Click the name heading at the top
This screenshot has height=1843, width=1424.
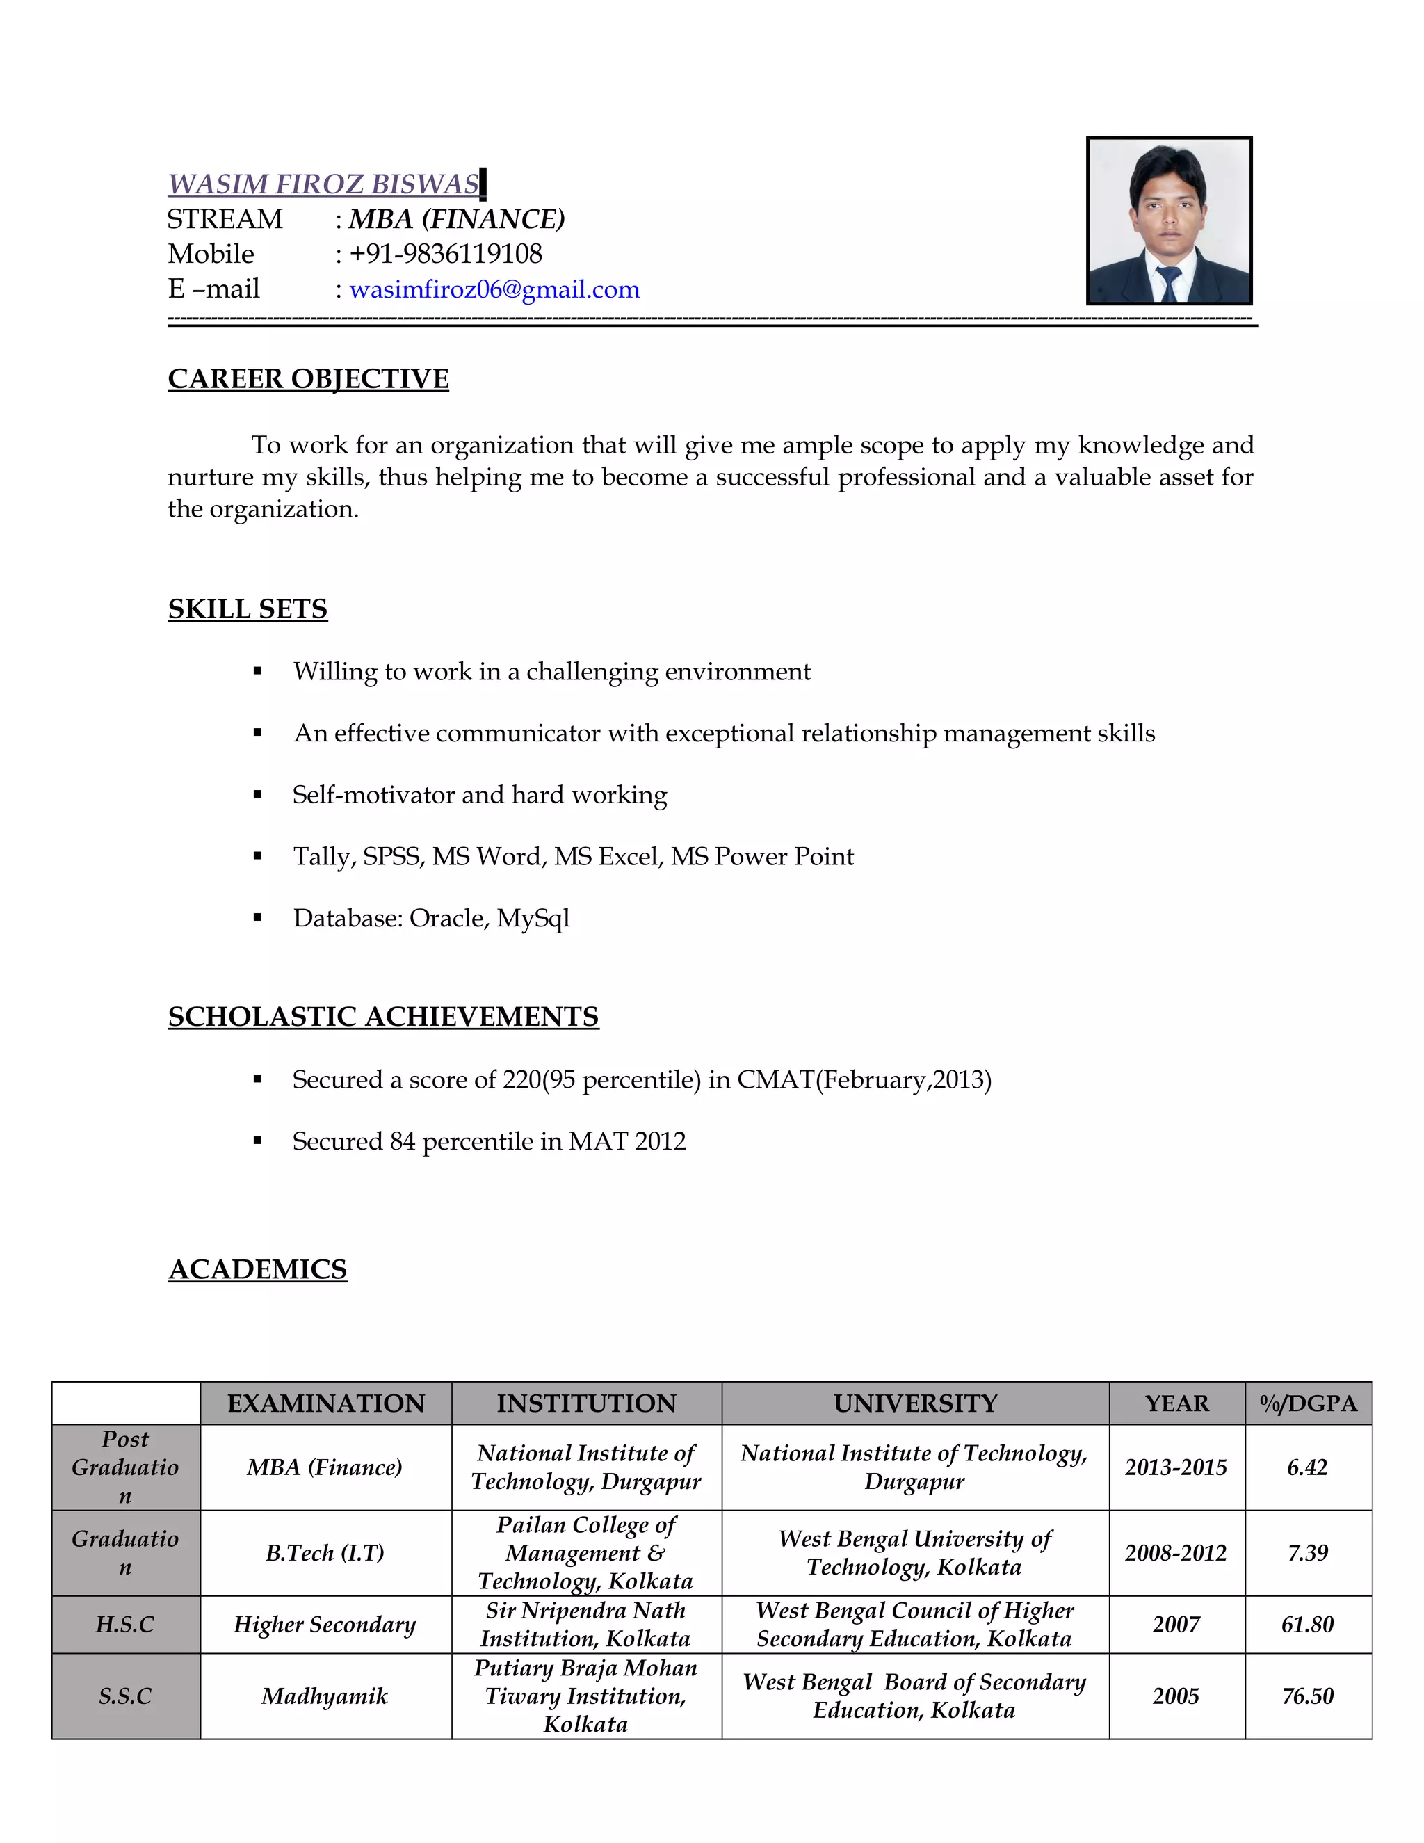tap(323, 184)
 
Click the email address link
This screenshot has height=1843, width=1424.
tap(494, 289)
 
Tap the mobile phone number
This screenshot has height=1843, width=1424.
tap(446, 254)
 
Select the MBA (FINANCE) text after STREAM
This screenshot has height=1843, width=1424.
tap(456, 219)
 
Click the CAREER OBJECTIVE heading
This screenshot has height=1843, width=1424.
tap(308, 379)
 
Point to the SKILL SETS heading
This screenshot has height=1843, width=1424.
tap(247, 609)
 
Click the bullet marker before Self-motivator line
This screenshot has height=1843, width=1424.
tap(258, 795)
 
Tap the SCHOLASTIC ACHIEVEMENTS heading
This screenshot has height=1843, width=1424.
tap(383, 1017)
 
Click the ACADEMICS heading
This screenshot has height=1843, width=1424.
tap(257, 1269)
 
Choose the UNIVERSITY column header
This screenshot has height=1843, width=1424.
tap(915, 1403)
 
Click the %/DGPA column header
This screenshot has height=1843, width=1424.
tap(1308, 1403)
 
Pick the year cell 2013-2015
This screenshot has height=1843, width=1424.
tap(1176, 1467)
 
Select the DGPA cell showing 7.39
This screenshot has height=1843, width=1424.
tap(1308, 1553)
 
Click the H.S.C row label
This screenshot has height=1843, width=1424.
tap(126, 1625)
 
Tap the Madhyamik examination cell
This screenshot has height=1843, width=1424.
tap(325, 1696)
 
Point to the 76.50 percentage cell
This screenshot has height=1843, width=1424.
tap(1308, 1696)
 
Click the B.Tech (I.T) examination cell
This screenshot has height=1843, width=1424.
tap(325, 1553)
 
